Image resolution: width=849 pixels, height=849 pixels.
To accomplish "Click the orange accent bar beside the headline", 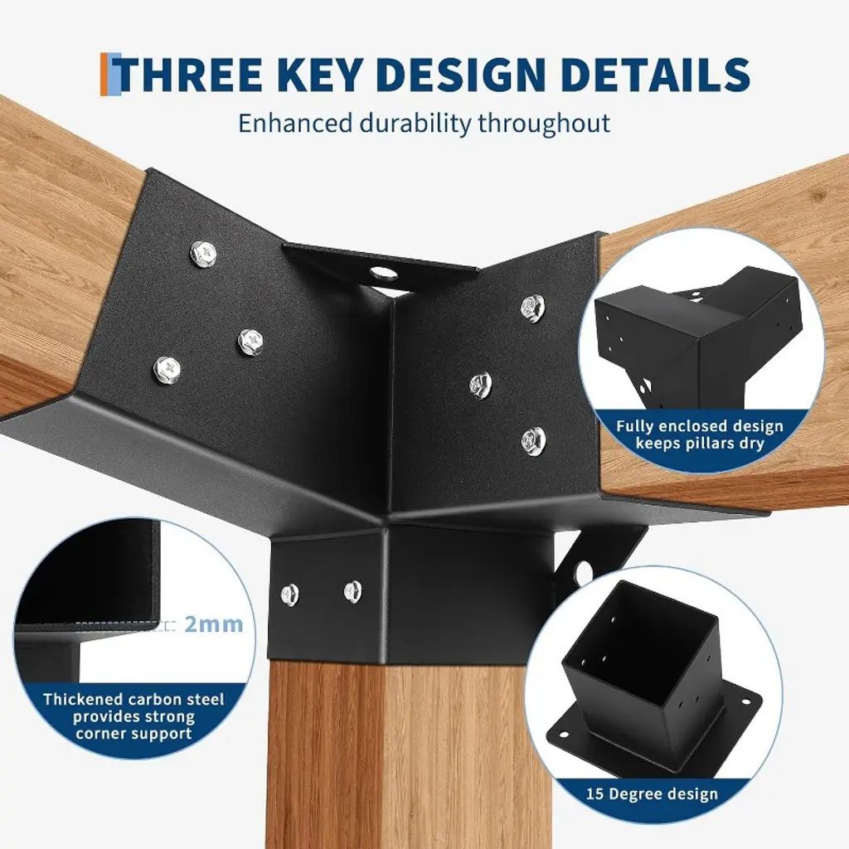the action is (x=104, y=74).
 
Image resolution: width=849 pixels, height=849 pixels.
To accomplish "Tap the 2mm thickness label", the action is (x=214, y=624).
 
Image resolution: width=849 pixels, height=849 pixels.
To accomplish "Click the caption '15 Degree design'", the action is (x=652, y=793).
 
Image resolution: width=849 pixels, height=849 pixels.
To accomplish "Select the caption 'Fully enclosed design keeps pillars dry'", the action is (x=700, y=434).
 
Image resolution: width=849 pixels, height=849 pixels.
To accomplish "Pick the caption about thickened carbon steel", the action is (x=133, y=716).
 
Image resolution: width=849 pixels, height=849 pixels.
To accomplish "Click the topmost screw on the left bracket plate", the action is (x=204, y=252).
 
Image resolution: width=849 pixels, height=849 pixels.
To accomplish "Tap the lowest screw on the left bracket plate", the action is (x=167, y=369).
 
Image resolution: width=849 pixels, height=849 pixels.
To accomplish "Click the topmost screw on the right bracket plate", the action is (x=533, y=307).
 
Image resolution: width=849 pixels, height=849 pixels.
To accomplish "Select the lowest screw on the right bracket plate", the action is (x=533, y=439).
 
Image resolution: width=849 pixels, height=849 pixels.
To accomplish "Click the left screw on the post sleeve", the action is (x=290, y=595).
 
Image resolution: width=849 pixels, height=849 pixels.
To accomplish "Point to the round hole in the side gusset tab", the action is (x=583, y=572).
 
